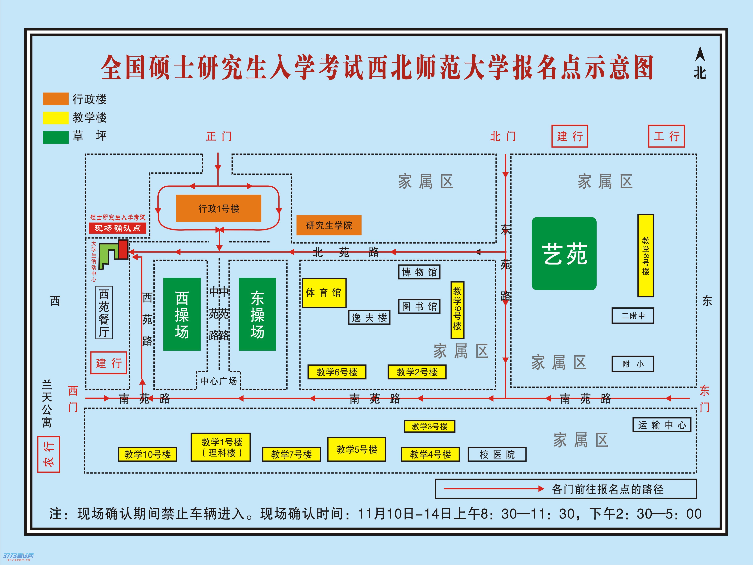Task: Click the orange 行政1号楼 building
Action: click(x=219, y=208)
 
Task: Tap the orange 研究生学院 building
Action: click(x=329, y=225)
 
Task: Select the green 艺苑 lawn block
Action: click(x=564, y=254)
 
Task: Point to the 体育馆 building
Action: click(x=324, y=293)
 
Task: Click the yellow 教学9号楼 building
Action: click(x=457, y=310)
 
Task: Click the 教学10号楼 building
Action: click(x=147, y=454)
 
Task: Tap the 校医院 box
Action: click(x=497, y=454)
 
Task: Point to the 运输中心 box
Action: click(x=662, y=425)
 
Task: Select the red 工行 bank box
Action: click(x=666, y=136)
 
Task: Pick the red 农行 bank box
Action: click(x=48, y=454)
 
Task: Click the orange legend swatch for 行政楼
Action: click(x=55, y=99)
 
